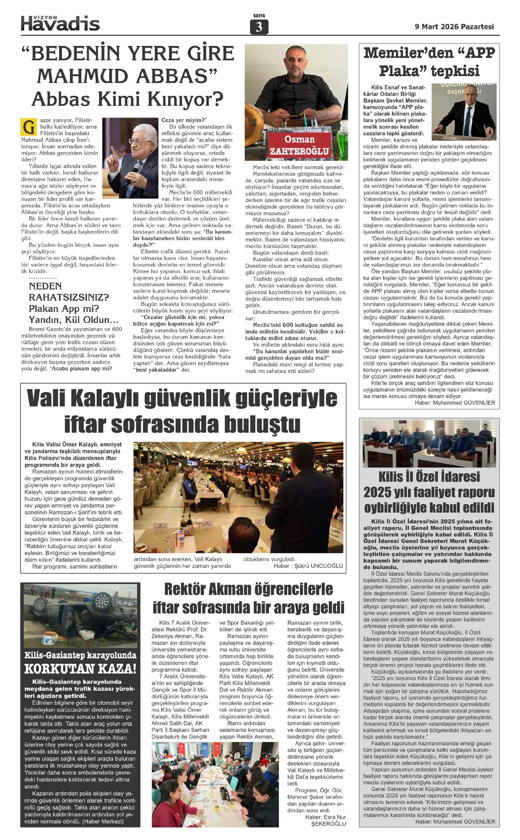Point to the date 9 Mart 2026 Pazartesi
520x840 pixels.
pyautogui.click(x=454, y=26)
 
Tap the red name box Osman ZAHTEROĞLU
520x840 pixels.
pyautogui.click(x=299, y=146)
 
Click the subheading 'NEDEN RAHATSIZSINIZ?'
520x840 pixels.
pyautogui.click(x=68, y=292)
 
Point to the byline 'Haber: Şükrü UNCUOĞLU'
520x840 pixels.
pyautogui.click(x=308, y=566)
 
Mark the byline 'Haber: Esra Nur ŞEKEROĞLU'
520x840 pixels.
pyautogui.click(x=326, y=820)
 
